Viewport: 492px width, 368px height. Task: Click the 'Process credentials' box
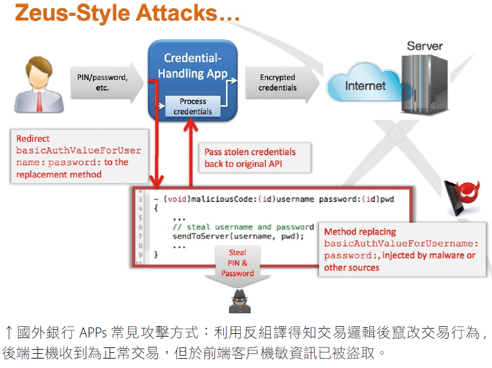click(x=193, y=106)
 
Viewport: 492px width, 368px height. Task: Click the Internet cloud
click(x=365, y=86)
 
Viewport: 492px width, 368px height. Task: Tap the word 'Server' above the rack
click(x=424, y=46)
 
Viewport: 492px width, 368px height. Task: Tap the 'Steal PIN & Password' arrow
click(x=237, y=265)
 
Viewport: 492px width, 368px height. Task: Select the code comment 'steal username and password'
click(x=243, y=226)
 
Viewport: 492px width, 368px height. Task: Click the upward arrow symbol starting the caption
click(x=8, y=333)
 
